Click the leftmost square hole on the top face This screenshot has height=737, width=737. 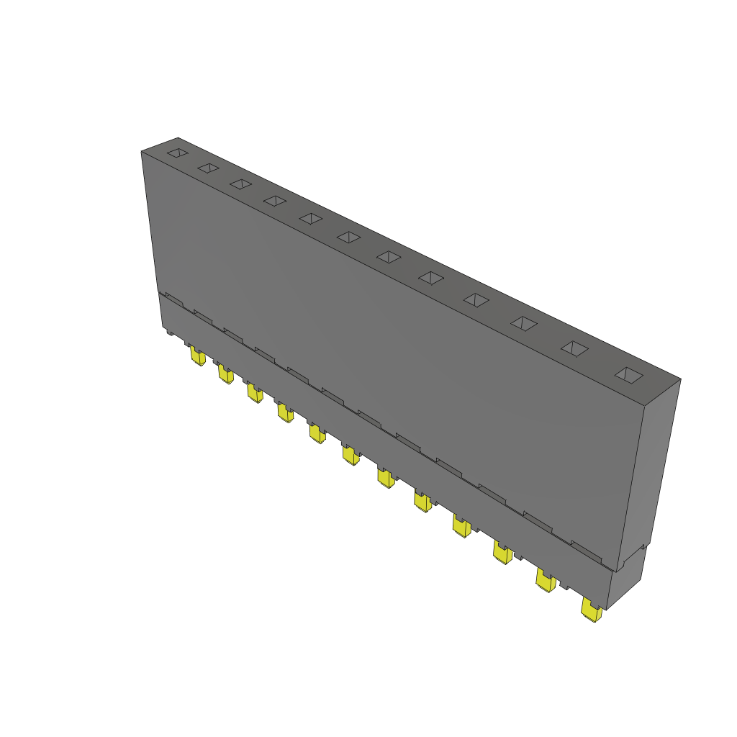pos(177,153)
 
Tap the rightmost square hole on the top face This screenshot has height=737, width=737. pos(630,374)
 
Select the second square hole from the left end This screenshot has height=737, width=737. pos(208,168)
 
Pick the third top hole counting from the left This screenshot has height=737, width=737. pos(240,184)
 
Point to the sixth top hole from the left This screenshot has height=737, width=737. pos(348,237)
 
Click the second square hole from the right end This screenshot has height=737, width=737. pos(574,348)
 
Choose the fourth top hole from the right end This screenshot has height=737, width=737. pos(476,299)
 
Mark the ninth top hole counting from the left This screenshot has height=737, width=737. pos(476,299)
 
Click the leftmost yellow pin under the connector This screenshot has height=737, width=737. pos(196,357)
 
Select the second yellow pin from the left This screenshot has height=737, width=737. pos(225,375)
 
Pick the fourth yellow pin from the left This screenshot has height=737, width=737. pos(285,413)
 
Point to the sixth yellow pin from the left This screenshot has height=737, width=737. pos(351,456)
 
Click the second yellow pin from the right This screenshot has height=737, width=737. pos(546,581)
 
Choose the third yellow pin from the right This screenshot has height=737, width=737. pos(503,553)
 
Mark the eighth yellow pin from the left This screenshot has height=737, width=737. pos(422,502)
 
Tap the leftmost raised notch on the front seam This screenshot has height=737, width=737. pos(173,297)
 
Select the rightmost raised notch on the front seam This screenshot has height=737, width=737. pos(587,551)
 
